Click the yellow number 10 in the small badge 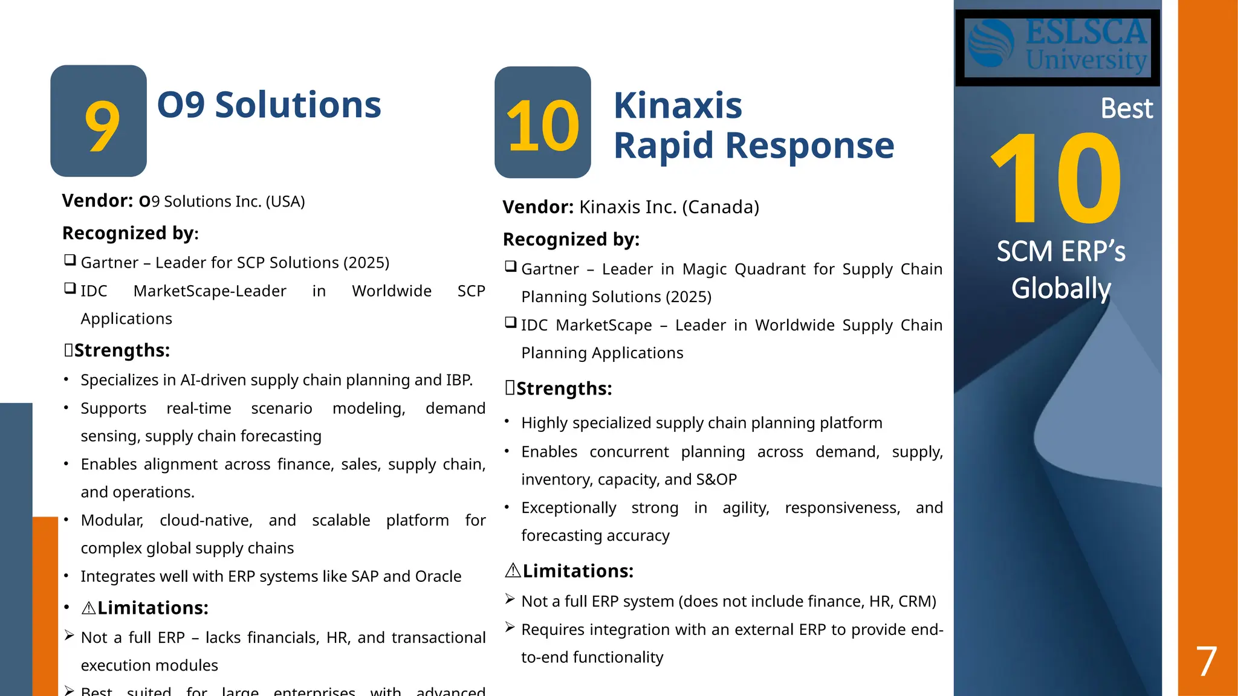[542, 126]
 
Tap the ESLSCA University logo [1057, 47]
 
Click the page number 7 [1206, 662]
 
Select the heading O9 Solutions [269, 105]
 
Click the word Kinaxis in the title [678, 106]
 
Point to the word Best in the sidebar [1126, 109]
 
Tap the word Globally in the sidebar [1061, 288]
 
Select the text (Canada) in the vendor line [720, 207]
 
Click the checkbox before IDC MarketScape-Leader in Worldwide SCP [70, 288]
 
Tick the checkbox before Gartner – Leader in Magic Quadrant [511, 266]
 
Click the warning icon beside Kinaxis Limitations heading [513, 570]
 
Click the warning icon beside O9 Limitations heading [88, 608]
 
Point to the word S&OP [716, 480]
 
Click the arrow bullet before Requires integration [510, 628]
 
